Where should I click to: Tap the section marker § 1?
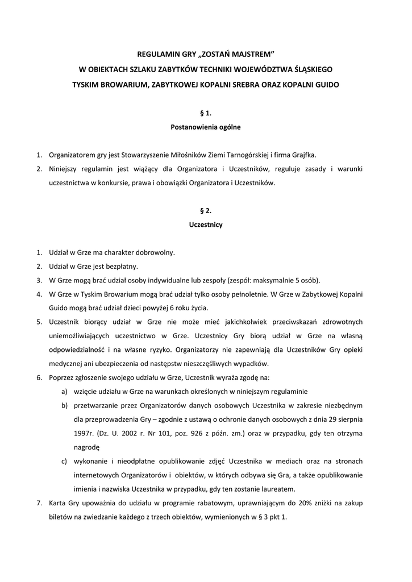pos(206,113)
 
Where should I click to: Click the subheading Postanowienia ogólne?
pos(206,127)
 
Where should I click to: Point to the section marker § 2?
pos(206,210)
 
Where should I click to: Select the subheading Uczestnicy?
pos(206,225)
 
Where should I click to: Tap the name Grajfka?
pos(305,155)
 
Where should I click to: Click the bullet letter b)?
pos(64,405)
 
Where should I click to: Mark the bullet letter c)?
pos(64,460)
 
